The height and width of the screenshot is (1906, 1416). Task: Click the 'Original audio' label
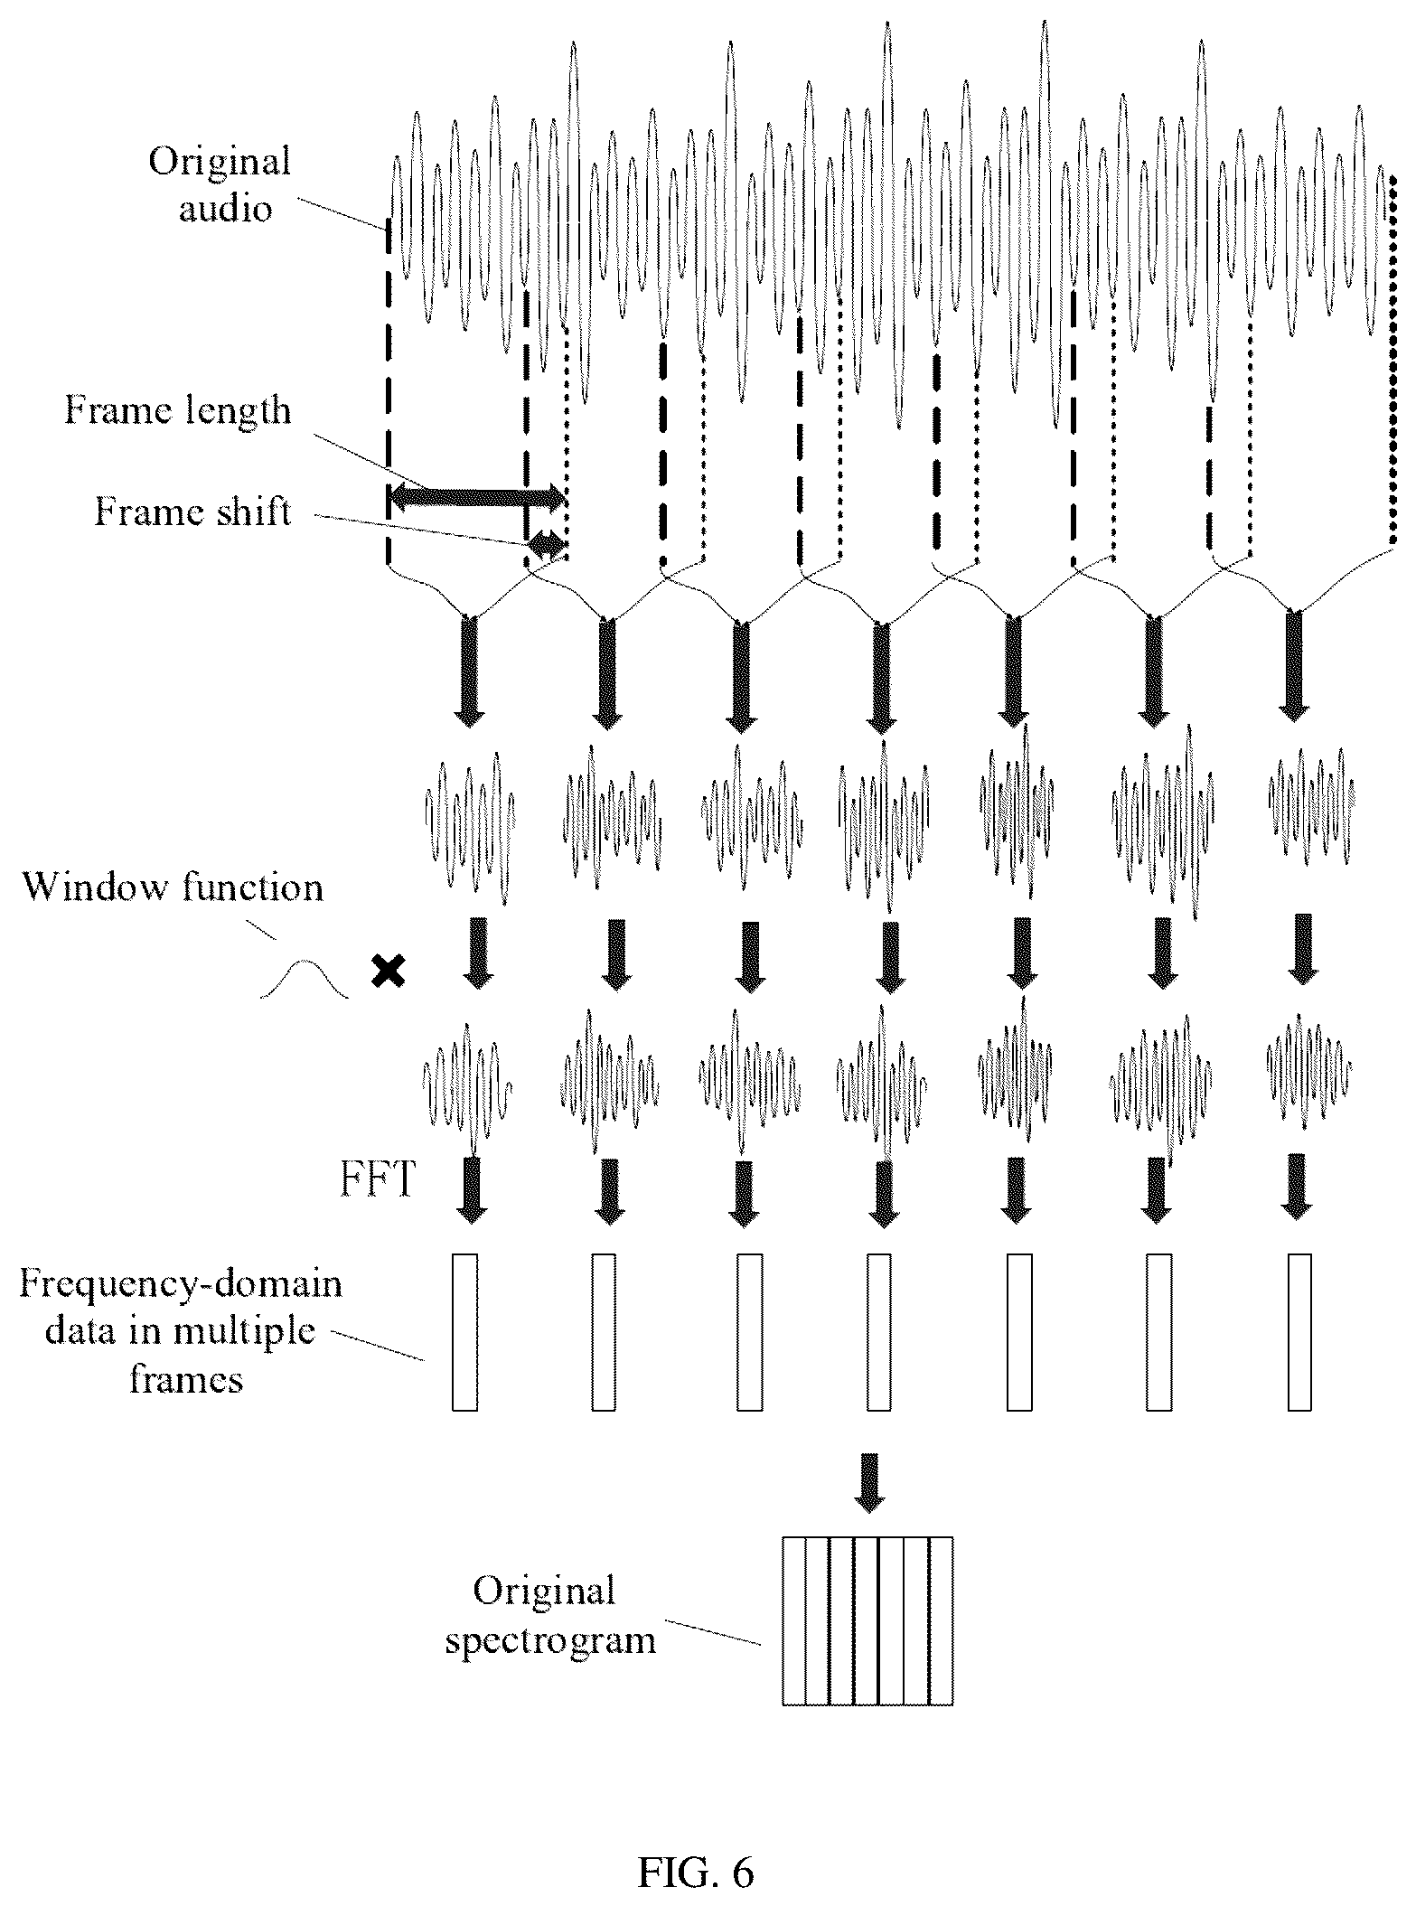[x=220, y=185]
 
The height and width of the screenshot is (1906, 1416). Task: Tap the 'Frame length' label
[x=178, y=411]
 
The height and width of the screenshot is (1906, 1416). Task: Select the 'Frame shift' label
[x=193, y=512]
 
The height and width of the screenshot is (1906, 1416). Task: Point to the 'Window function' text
[x=173, y=887]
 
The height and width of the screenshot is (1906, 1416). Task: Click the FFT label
[x=378, y=1179]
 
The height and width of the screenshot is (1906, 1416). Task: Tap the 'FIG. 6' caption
[x=696, y=1872]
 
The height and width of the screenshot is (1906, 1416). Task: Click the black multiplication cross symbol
[x=389, y=972]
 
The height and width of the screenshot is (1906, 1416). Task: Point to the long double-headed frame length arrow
[x=476, y=495]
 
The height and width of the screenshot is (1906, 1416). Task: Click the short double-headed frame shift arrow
[x=548, y=544]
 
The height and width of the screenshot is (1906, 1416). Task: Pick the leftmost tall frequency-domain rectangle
[x=464, y=1332]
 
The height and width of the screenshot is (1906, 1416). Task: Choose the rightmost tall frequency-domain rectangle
[x=1299, y=1332]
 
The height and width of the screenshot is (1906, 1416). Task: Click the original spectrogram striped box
[x=867, y=1621]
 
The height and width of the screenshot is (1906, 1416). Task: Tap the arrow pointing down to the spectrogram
[x=869, y=1482]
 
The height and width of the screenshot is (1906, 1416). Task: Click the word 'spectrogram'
[x=550, y=1638]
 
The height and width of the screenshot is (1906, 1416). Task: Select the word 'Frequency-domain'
[x=181, y=1283]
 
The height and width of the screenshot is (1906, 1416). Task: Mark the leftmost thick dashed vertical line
[x=387, y=390]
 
